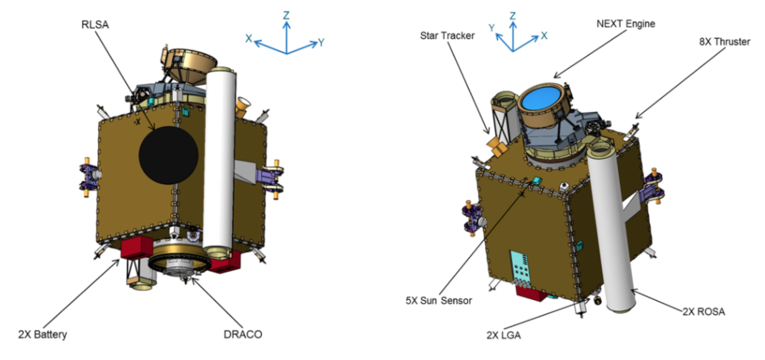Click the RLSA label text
click(95, 25)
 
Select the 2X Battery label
click(42, 335)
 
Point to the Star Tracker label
click(447, 36)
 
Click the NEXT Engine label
click(626, 24)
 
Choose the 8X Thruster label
click(724, 42)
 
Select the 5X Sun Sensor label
click(439, 301)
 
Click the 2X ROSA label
click(703, 311)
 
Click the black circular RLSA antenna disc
click(168, 155)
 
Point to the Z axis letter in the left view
click(286, 15)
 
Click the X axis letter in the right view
click(544, 36)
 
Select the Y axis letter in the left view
click(321, 43)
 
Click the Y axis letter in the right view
click(492, 28)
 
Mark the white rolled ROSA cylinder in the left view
click(219, 161)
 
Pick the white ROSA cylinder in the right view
click(612, 226)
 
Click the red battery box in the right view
click(532, 294)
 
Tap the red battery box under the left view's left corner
click(137, 248)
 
